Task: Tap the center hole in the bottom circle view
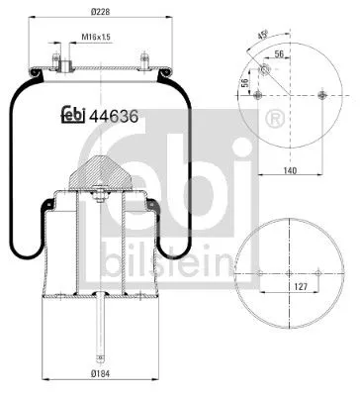(x=288, y=273)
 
